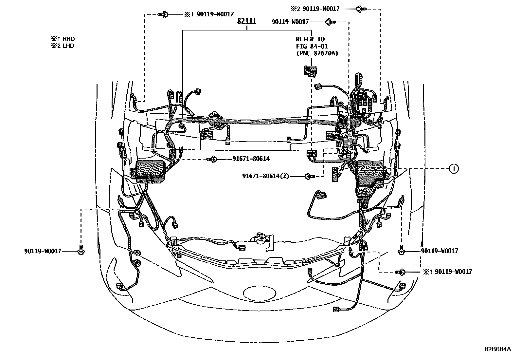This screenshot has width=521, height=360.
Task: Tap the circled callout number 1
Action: coord(453,169)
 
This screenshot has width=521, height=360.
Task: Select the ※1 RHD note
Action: coord(63,39)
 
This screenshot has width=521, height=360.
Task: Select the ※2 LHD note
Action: coord(63,46)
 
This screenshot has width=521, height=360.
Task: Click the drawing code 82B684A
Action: coord(498,349)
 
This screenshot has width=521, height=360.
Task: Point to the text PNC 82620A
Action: coord(317,54)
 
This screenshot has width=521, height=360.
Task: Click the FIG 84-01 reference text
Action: coord(312,47)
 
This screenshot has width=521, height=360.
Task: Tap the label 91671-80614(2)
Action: coord(266,176)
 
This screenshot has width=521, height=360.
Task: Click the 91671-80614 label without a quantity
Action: coord(251,159)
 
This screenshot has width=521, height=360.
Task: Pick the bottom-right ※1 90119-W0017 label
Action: coord(448,272)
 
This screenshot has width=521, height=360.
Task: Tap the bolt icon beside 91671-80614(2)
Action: coord(309,176)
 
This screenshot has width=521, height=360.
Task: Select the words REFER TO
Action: coord(310,39)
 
